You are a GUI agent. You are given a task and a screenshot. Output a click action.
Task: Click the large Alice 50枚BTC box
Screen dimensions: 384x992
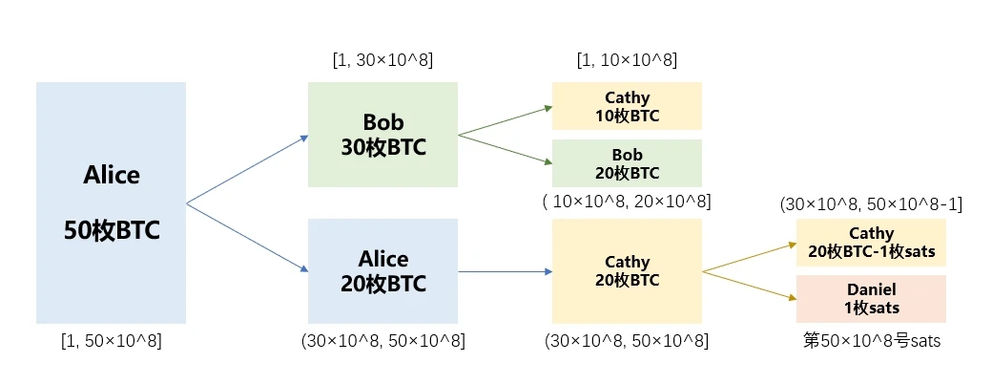point(111,203)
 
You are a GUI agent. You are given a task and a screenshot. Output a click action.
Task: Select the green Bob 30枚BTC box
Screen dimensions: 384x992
point(382,135)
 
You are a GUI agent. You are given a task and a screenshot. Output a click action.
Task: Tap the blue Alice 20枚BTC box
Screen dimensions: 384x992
point(382,271)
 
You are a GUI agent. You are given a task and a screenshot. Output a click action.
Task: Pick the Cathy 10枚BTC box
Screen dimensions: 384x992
point(627,107)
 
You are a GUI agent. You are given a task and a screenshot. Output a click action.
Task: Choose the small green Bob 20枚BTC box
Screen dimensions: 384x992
point(627,163)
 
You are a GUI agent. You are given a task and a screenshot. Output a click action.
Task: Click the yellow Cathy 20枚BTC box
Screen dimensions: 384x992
point(627,271)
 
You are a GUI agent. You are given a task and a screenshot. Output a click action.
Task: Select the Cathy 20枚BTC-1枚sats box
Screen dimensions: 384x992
point(871,243)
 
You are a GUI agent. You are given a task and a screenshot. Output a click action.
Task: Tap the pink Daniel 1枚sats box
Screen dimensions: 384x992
point(871,298)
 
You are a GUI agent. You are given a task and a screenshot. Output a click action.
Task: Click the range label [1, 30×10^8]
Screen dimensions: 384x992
point(382,61)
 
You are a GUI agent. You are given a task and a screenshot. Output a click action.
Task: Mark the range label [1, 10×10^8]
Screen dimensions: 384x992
point(627,61)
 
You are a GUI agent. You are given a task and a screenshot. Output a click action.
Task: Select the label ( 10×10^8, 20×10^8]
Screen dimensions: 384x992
point(627,202)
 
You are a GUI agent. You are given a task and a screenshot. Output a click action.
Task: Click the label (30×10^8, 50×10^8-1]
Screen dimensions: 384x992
point(871,203)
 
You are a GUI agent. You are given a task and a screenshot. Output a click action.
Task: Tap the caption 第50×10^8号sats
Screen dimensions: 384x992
point(871,341)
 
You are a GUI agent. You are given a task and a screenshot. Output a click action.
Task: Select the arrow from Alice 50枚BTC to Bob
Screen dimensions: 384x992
point(246,170)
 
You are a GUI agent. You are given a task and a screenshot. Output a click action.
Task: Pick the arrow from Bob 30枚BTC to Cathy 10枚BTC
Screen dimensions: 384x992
point(505,120)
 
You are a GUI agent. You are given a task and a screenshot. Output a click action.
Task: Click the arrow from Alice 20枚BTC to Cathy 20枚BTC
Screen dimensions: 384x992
point(505,271)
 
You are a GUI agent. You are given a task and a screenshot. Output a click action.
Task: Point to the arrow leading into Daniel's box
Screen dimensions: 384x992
point(749,286)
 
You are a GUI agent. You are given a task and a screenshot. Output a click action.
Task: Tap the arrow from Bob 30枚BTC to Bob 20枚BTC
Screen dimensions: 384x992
point(505,149)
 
